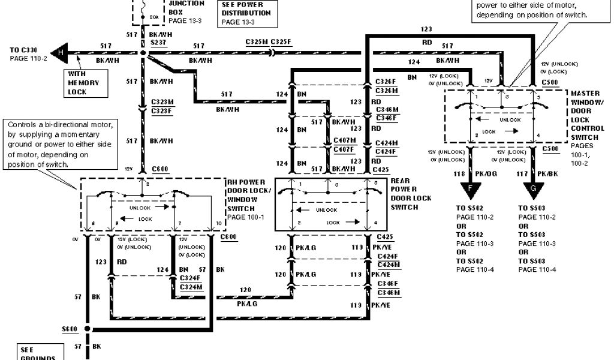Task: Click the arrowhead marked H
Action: [59, 53]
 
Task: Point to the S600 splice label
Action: [70, 329]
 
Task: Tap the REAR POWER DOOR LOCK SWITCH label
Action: [411, 194]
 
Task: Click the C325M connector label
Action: [257, 42]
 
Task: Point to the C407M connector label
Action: [344, 140]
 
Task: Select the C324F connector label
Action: [189, 278]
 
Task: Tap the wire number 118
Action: [459, 175]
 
